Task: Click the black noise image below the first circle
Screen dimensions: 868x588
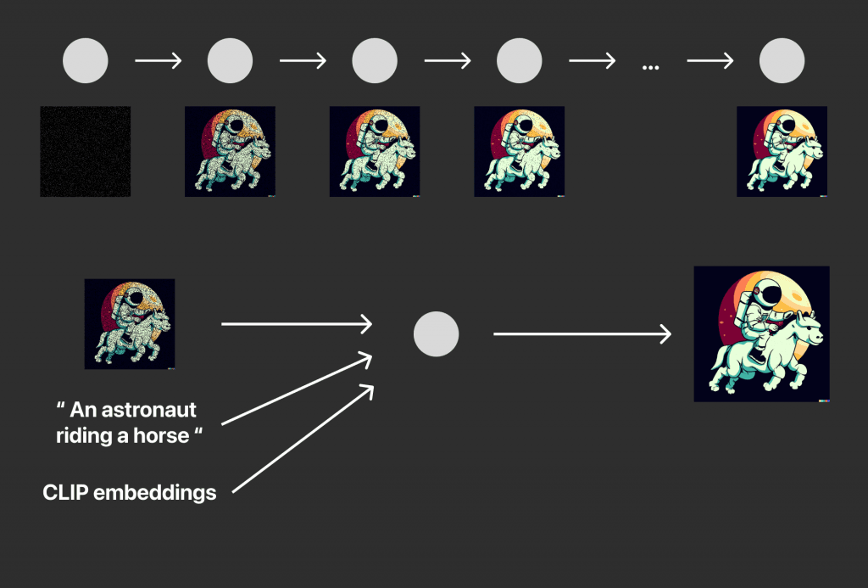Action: click(x=86, y=151)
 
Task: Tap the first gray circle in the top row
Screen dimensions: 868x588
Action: click(x=86, y=60)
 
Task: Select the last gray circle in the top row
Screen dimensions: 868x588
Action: click(x=782, y=60)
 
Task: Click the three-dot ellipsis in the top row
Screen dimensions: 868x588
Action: click(x=650, y=68)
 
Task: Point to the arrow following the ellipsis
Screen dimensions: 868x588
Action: click(x=710, y=60)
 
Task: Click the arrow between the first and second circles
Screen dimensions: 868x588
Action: click(x=159, y=60)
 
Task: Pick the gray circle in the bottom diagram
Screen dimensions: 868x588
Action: click(x=437, y=333)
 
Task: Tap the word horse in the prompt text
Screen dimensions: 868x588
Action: click(x=161, y=435)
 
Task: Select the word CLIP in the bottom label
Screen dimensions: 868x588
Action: click(x=65, y=492)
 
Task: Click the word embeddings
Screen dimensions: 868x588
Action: click(x=155, y=493)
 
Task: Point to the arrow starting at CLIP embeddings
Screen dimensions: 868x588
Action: click(x=303, y=439)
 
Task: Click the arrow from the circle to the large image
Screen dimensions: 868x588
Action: click(x=582, y=333)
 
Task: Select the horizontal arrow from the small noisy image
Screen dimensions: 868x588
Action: click(x=297, y=323)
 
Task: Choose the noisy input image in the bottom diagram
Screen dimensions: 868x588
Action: click(x=130, y=323)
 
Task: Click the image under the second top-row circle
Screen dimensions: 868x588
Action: click(x=230, y=151)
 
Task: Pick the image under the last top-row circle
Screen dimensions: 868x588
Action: click(x=782, y=151)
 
